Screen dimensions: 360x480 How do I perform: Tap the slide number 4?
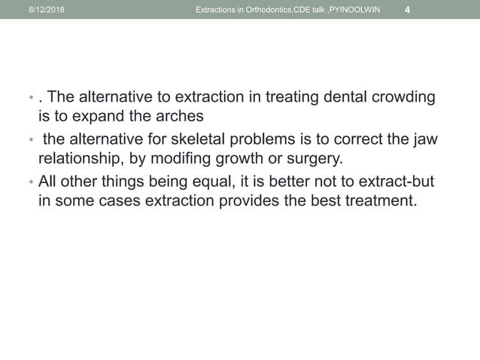coord(407,9)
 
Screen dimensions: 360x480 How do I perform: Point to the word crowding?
coord(410,99)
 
